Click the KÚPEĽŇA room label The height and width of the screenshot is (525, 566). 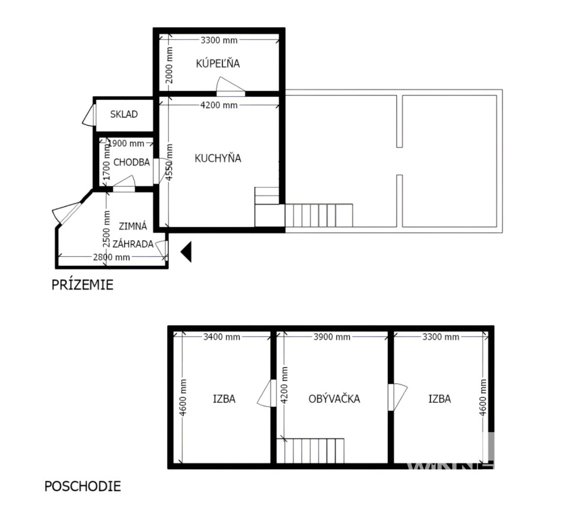(x=218, y=63)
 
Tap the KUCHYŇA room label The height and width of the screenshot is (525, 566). (x=218, y=158)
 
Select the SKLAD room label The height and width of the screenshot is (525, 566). (x=124, y=114)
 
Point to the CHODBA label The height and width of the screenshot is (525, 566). (x=132, y=162)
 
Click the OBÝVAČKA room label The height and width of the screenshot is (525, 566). (x=334, y=399)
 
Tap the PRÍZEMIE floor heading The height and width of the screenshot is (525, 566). (x=82, y=285)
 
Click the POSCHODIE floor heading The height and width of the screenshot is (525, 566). (x=83, y=486)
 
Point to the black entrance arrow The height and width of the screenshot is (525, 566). (x=186, y=252)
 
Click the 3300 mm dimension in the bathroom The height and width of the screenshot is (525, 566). (x=219, y=40)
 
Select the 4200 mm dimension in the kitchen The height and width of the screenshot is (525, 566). (x=219, y=105)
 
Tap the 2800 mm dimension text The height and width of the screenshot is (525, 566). (x=111, y=257)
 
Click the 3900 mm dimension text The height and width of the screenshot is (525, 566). (x=332, y=337)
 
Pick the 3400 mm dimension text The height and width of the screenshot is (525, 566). (x=222, y=337)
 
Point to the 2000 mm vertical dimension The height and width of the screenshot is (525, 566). (x=169, y=65)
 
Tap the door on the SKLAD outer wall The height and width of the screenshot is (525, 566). (x=89, y=115)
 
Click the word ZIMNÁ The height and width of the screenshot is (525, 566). (x=133, y=226)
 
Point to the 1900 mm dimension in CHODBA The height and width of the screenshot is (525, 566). (x=126, y=143)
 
